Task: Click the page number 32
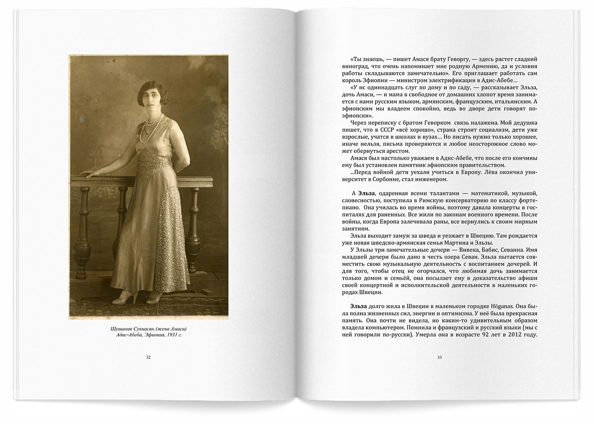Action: click(x=148, y=358)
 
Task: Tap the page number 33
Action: click(x=440, y=358)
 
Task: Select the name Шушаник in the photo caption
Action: click(x=122, y=328)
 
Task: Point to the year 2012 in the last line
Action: click(x=510, y=338)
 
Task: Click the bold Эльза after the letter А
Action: click(x=362, y=193)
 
